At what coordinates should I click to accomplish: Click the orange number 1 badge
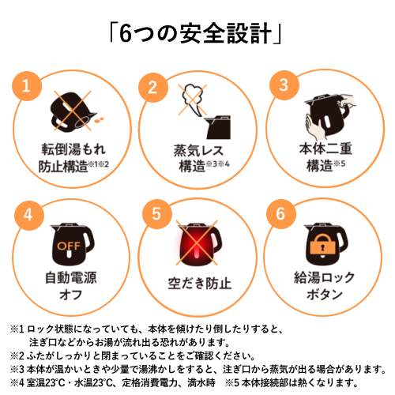click(27, 86)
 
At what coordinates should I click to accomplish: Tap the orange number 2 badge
click(153, 88)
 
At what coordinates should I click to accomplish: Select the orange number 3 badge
click(284, 85)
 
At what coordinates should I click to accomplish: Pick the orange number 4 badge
click(29, 215)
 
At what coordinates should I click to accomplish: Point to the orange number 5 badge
click(157, 214)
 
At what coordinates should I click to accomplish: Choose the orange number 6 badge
click(281, 214)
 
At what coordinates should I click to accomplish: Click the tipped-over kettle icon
click(73, 112)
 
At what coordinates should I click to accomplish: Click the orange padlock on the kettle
click(323, 245)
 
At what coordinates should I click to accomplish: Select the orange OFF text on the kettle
click(69, 246)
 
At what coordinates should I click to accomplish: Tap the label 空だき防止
click(200, 284)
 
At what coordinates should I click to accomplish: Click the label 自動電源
click(71, 277)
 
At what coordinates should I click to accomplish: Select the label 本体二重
click(325, 149)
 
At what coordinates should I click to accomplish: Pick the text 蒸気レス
click(198, 150)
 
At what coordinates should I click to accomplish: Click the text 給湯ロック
click(325, 277)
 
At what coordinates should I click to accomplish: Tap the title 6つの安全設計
click(195, 33)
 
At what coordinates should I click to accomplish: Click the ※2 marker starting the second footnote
click(17, 355)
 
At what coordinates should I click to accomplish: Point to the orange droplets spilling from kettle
click(100, 120)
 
